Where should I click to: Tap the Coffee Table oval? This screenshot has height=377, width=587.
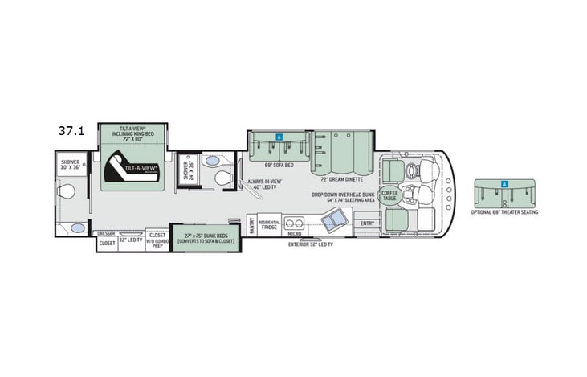389,195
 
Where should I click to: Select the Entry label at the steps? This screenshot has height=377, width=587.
368,223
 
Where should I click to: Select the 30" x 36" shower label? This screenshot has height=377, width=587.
70,165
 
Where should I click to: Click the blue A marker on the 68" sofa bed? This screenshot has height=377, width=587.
279,137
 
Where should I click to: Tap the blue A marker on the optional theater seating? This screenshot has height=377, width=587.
504,184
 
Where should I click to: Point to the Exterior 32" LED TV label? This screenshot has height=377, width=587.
311,244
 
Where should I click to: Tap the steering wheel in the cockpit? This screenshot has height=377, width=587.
412,170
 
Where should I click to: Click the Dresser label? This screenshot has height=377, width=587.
107,234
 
